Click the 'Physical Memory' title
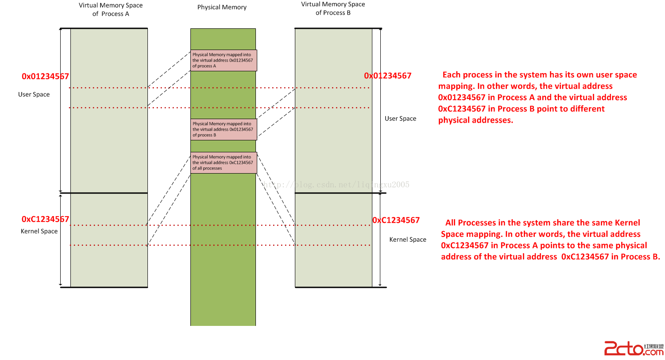click(222, 7)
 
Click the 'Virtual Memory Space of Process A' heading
click(111, 9)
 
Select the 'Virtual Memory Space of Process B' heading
click(333, 8)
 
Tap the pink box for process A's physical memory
click(224, 60)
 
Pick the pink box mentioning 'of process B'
click(224, 129)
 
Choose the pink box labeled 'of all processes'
click(224, 163)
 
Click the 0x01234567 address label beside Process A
click(45, 76)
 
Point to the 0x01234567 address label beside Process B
click(387, 76)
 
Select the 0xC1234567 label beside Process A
click(45, 219)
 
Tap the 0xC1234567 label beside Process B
click(396, 220)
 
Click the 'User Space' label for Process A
click(34, 94)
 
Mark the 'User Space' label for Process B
click(400, 119)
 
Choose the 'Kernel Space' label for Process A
click(39, 231)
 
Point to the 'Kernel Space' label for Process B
click(408, 240)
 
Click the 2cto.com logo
click(634, 348)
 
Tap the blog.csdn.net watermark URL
click(336, 185)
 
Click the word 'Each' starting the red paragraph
click(451, 75)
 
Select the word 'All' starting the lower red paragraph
click(450, 223)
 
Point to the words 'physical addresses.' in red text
click(476, 120)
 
